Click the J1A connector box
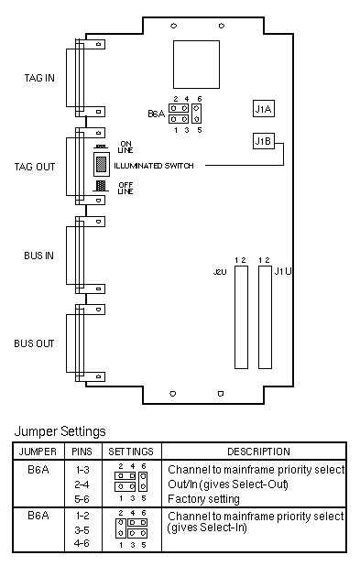[x=264, y=109]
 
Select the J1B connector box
[x=264, y=141]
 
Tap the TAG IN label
[x=39, y=78]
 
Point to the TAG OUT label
[x=35, y=167]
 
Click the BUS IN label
[x=38, y=256]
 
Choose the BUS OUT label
[x=34, y=343]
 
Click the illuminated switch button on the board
[x=102, y=164]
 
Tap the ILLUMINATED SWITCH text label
[x=154, y=166]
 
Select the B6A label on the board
[x=156, y=114]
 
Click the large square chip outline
[x=196, y=65]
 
